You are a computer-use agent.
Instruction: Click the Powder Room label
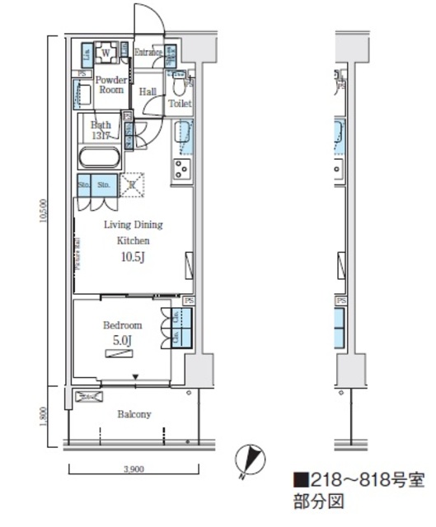[x=111, y=84]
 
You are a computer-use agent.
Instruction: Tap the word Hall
[x=148, y=92]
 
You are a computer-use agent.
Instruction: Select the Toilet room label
[x=180, y=104]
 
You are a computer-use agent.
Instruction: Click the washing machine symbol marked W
[x=105, y=55]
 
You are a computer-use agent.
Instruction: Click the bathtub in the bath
[x=101, y=158]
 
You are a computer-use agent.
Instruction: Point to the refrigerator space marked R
[x=132, y=185]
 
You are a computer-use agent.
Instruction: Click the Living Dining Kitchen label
[x=132, y=232]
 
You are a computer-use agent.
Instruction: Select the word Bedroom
[x=122, y=325]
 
